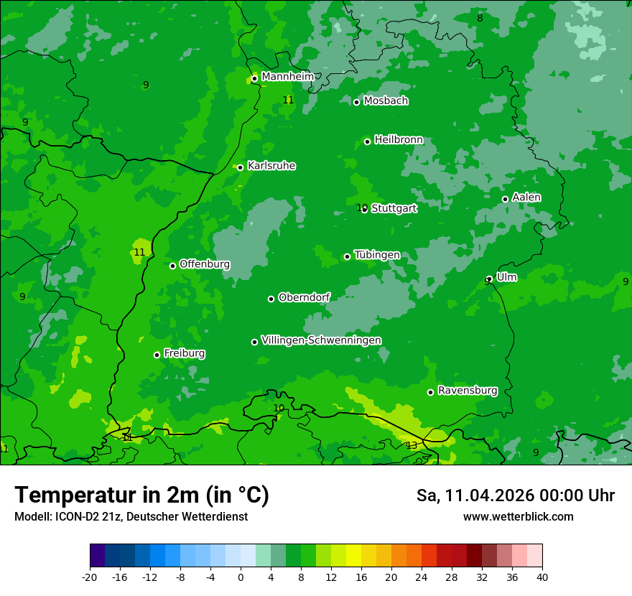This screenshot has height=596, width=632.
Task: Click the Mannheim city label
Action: [x=287, y=76]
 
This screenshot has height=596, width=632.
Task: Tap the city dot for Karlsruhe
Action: [x=241, y=167]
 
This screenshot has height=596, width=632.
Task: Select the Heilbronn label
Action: [x=398, y=139]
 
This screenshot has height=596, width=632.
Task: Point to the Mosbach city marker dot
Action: [x=356, y=102]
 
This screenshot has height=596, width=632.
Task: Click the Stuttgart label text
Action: [x=394, y=208]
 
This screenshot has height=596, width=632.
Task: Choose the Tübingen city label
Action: [x=377, y=255]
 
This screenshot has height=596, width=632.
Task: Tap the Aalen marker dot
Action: [x=505, y=199]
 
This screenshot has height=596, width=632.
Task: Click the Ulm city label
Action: [x=506, y=276]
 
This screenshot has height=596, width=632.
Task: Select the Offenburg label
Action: [x=205, y=264]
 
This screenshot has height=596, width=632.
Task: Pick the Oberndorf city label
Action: [x=304, y=297]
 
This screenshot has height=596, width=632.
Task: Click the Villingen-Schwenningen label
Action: [x=321, y=340]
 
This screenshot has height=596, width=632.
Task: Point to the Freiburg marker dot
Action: [x=157, y=355]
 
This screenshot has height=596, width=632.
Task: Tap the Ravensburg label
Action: [x=468, y=390]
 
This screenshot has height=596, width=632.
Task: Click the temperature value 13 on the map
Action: [x=412, y=446]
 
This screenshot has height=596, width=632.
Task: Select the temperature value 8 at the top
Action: [x=480, y=18]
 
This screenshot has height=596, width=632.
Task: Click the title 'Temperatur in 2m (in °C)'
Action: [x=141, y=495]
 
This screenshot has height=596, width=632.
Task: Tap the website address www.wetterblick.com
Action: [x=518, y=516]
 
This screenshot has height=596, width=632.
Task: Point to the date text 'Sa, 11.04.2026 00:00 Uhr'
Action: [x=515, y=495]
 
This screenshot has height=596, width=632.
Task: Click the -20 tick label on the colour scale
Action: [x=90, y=577]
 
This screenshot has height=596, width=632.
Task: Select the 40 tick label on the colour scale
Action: [x=542, y=577]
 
